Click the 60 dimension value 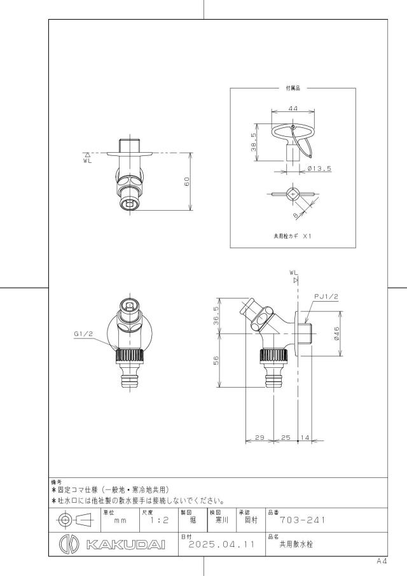pos(187,181)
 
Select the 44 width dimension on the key pos(293,108)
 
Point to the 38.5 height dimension pos(254,142)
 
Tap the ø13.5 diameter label pos(319,168)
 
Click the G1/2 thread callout pos(83,334)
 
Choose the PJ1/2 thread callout pos(326,297)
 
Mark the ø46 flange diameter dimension pos(336,334)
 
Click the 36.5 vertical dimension pos(216,316)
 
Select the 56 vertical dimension pos(216,360)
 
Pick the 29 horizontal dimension pos(259,437)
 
